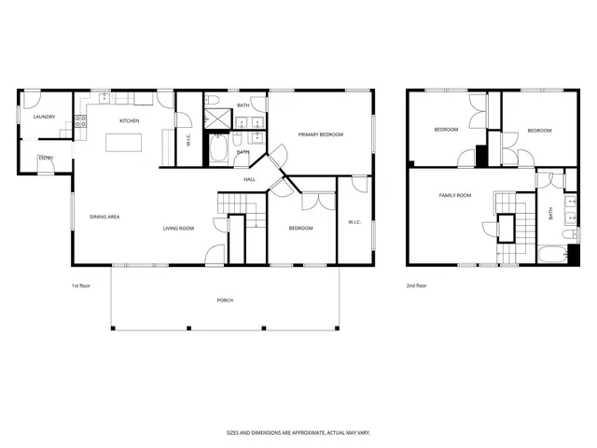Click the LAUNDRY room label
pyautogui.click(x=44, y=117)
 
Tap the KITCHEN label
pyautogui.click(x=129, y=121)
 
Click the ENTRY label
pyautogui.click(x=46, y=159)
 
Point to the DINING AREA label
pyautogui.click(x=104, y=217)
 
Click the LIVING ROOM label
pyautogui.click(x=178, y=228)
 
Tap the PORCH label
pyautogui.click(x=225, y=300)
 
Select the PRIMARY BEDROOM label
pyautogui.click(x=321, y=134)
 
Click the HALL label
pyautogui.click(x=250, y=179)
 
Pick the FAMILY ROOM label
pyautogui.click(x=455, y=195)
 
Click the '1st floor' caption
pyautogui.click(x=81, y=286)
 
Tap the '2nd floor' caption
pyautogui.click(x=416, y=286)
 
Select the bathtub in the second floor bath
pyautogui.click(x=551, y=253)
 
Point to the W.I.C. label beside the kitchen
pyautogui.click(x=188, y=141)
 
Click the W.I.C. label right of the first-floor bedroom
pyautogui.click(x=354, y=222)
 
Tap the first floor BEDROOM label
pyautogui.click(x=300, y=228)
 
